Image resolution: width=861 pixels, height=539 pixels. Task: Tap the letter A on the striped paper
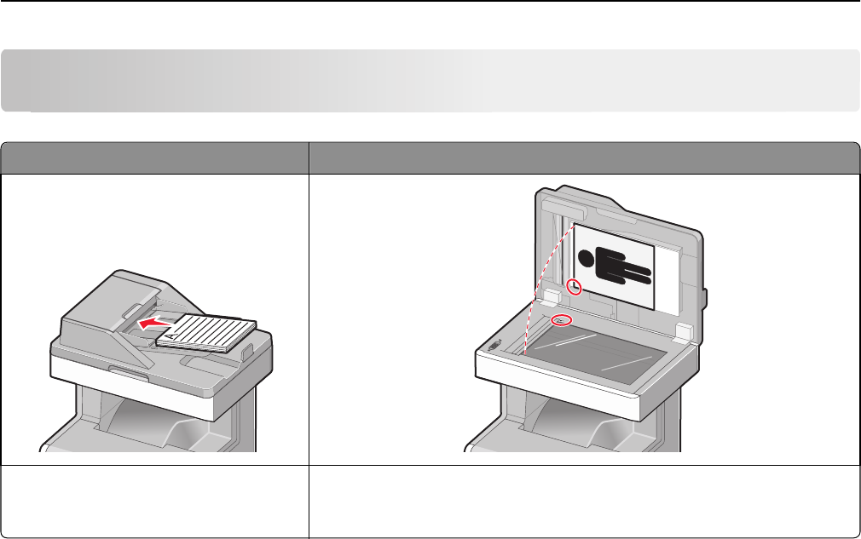pos(170,337)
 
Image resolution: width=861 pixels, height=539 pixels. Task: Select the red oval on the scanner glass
pos(561,320)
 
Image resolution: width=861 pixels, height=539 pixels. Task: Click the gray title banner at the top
pos(430,81)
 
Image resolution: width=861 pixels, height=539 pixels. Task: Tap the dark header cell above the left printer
pos(154,157)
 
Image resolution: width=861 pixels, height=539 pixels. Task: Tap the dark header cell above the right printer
pos(584,157)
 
